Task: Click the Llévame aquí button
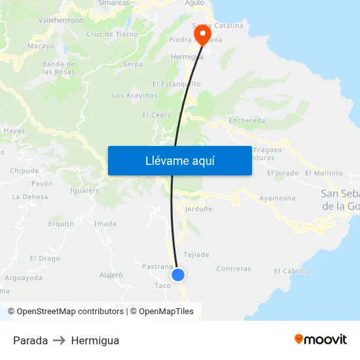pyautogui.click(x=179, y=160)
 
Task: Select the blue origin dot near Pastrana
pyautogui.click(x=178, y=275)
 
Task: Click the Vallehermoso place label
pyautogui.click(x=61, y=20)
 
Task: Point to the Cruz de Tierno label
pyautogui.click(x=112, y=34)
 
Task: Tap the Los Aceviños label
pyautogui.click(x=135, y=96)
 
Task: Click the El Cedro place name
pyautogui.click(x=156, y=115)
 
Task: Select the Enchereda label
pyautogui.click(x=247, y=120)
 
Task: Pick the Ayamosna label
pyautogui.click(x=277, y=198)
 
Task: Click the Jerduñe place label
pyautogui.click(x=198, y=209)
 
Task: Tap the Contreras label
pyautogui.click(x=233, y=268)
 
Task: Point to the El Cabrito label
pyautogui.click(x=291, y=271)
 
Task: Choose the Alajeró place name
pyautogui.click(x=111, y=275)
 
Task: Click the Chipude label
pyautogui.click(x=24, y=171)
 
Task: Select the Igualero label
pyautogui.click(x=84, y=190)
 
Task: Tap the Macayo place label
pyautogui.click(x=41, y=46)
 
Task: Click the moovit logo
pyautogui.click(x=320, y=339)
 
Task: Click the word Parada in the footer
pyautogui.click(x=30, y=340)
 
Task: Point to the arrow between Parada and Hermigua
pyautogui.click(x=60, y=340)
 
